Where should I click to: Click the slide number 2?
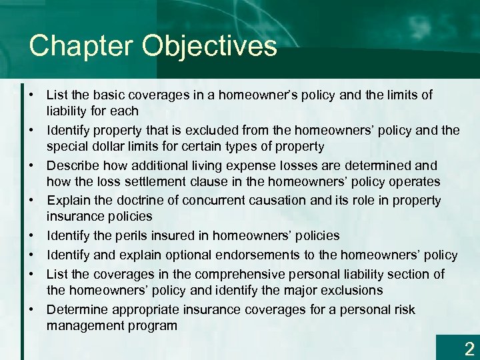(469, 348)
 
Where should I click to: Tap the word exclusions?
(351, 290)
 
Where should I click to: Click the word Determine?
(77, 309)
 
